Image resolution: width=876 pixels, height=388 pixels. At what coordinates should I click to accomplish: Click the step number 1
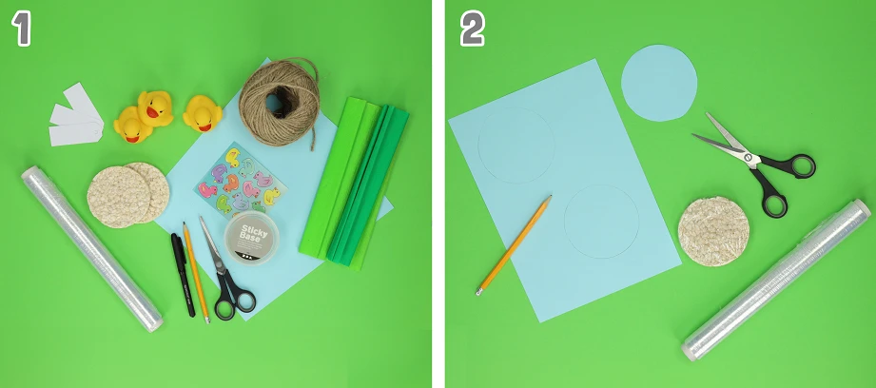21,29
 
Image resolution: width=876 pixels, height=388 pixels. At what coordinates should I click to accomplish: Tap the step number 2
472,29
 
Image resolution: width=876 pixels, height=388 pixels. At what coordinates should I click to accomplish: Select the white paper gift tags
76,116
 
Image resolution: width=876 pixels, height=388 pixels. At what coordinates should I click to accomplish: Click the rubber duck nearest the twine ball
203,113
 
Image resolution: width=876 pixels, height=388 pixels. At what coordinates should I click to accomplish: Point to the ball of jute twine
280,103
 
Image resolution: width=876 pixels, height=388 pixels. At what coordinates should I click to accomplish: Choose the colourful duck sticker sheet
241,179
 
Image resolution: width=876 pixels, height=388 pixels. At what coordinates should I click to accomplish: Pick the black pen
183,274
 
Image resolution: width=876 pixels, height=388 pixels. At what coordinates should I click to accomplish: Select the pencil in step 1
196,272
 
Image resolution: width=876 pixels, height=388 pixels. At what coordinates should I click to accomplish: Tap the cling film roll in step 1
92,248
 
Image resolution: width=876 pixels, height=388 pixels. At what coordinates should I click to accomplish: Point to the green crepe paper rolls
354,181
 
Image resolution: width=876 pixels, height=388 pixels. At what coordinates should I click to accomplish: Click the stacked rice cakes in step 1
128,194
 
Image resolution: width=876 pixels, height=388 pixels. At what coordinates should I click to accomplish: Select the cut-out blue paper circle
659,83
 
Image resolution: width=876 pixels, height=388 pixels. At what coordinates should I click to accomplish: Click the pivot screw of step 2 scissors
750,158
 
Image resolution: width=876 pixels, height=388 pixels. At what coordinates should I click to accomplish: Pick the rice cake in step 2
713,231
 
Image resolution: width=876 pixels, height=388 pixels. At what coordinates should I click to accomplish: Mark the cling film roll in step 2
776,280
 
